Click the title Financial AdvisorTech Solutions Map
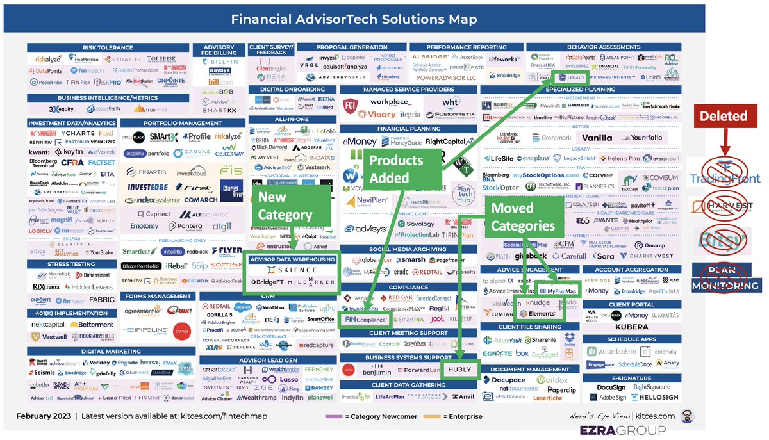[354, 19]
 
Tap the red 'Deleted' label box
[723, 117]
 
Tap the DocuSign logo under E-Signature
[611, 387]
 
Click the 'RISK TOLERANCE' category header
[108, 47]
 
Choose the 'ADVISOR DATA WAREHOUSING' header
[292, 259]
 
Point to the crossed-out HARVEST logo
[725, 206]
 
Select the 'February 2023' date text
[43, 416]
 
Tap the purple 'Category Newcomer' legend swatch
[332, 416]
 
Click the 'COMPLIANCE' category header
[408, 288]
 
